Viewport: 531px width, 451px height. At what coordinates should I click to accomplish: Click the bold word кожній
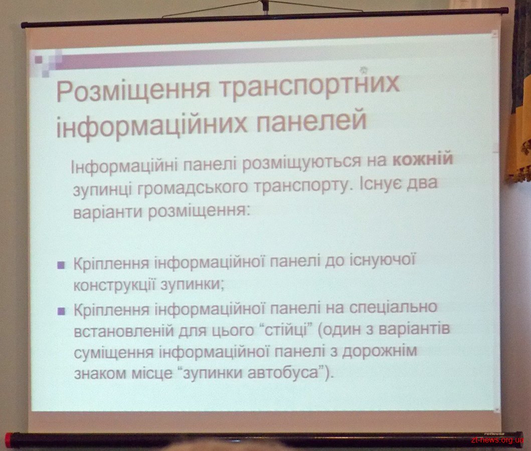pyautogui.click(x=423, y=158)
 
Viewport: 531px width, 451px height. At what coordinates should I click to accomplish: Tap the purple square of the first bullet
pyautogui.click(x=61, y=265)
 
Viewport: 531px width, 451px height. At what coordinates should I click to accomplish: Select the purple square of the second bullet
pyautogui.click(x=61, y=311)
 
